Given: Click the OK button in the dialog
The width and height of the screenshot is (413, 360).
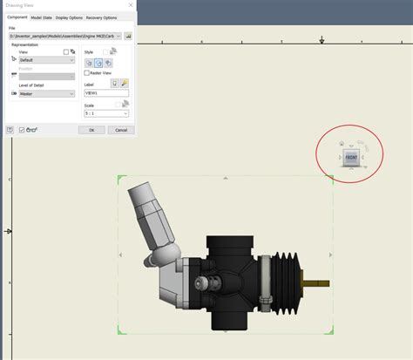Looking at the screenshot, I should pos(91,130).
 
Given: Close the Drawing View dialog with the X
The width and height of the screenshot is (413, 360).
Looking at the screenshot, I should pos(131,5).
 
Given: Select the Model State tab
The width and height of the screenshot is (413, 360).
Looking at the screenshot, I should pos(41,17).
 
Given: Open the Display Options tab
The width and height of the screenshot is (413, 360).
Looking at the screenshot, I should pos(69,17).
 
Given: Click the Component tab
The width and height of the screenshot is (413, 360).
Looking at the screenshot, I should pos(17,17).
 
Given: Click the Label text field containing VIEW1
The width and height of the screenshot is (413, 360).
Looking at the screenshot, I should pos(105,93).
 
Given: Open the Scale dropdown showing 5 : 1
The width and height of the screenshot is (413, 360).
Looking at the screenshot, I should pos(105,113).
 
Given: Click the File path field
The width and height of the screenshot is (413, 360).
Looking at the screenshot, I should pos(63,37).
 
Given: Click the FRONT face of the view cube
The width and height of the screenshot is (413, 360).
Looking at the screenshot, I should pos(351,157).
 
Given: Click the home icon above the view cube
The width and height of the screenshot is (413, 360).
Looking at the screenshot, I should pos(341,145).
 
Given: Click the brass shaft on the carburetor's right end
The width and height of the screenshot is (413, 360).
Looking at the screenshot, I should pos(316,283).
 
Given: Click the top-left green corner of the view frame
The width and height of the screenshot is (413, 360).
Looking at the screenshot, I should pos(121,180).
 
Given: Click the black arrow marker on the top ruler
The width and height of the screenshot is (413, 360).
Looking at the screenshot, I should pos(322,40).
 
